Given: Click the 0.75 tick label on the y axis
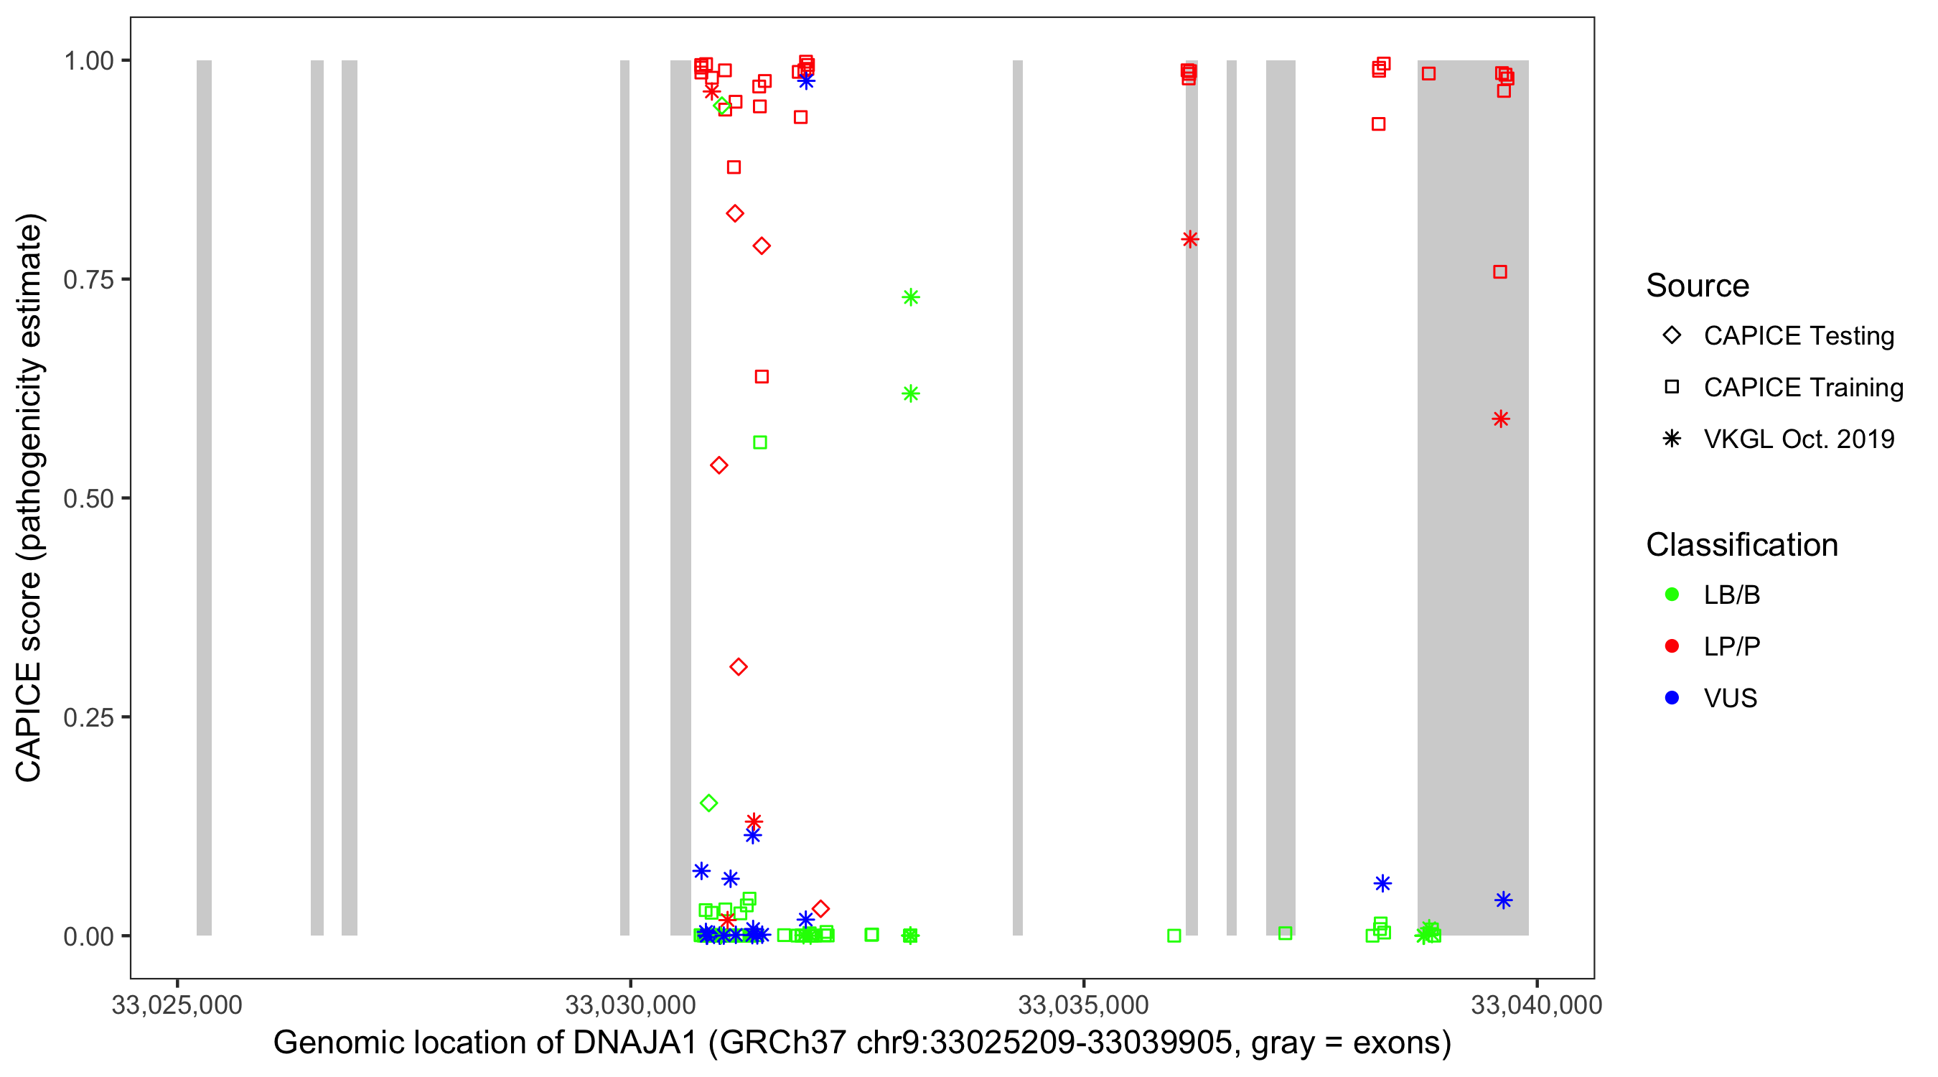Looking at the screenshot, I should (x=88, y=280).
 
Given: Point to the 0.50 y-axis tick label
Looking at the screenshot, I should (x=88, y=499).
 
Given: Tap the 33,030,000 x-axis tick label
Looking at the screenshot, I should (x=630, y=1005).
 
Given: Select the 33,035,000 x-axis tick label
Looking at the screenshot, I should (x=1083, y=1005).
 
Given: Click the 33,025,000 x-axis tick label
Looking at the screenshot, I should (x=177, y=1005).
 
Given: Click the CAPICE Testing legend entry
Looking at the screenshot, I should (x=1799, y=336).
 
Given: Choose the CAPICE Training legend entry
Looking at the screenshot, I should (x=1803, y=388).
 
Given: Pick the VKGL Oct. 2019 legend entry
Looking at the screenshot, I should (x=1799, y=439).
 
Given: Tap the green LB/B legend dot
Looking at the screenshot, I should (x=1672, y=595).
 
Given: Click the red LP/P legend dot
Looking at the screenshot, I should (x=1672, y=646).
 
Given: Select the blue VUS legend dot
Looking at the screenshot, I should (x=1672, y=699).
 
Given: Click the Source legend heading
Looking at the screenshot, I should (x=1698, y=286).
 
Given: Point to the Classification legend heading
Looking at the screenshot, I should (x=1741, y=545).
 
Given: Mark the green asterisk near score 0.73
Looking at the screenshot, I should (x=910, y=298).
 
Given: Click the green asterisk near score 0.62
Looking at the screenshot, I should (x=910, y=393).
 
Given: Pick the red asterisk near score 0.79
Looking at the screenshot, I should (x=1189, y=240).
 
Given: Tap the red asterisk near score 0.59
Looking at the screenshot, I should (x=1501, y=419).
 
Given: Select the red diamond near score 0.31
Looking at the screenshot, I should (x=738, y=668).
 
